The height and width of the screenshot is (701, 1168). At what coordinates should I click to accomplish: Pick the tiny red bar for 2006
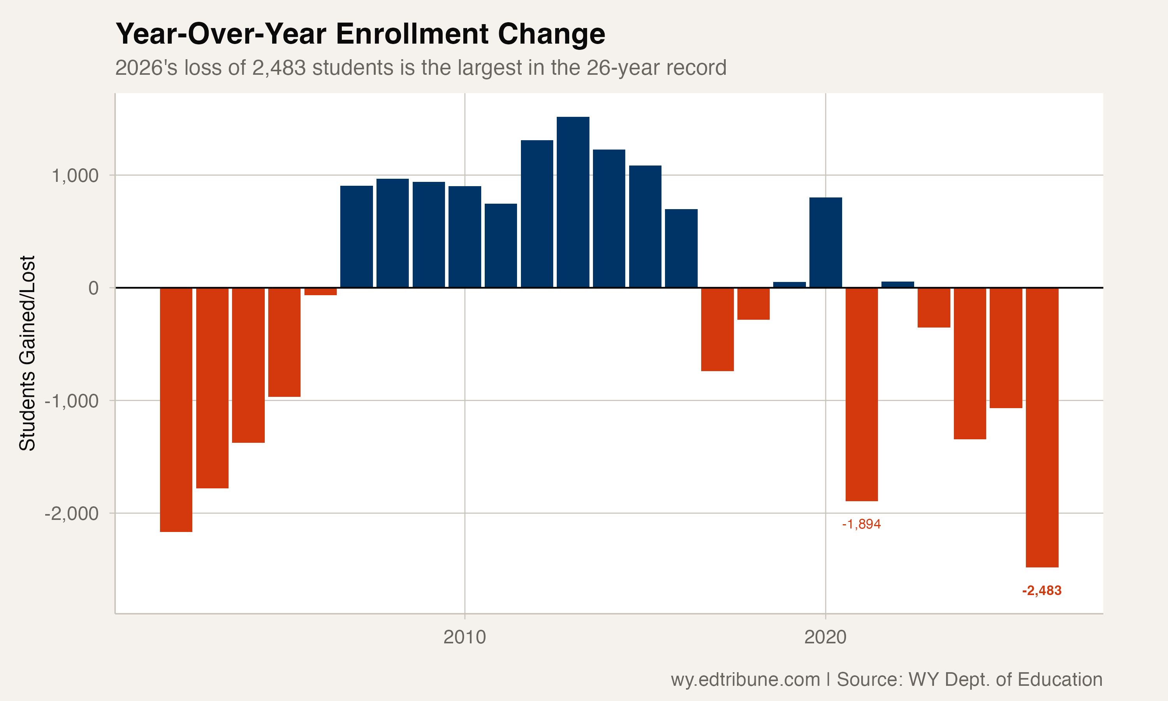click(x=320, y=291)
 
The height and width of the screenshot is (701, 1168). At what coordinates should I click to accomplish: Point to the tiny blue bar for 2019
click(x=789, y=284)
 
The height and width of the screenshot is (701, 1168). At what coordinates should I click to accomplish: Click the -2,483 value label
click(x=1041, y=590)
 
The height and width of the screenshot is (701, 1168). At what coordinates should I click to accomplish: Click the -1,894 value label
click(x=862, y=524)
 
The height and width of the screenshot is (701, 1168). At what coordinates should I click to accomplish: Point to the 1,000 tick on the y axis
click(x=75, y=176)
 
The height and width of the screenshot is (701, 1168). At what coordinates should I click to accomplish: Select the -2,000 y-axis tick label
click(x=71, y=513)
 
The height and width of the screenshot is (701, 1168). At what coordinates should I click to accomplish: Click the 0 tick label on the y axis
click(x=93, y=288)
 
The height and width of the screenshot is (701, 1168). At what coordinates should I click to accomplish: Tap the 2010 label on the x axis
click(x=464, y=637)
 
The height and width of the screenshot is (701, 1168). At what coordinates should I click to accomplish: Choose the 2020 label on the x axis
click(x=825, y=637)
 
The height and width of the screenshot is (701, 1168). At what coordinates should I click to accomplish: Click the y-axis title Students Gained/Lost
click(x=27, y=353)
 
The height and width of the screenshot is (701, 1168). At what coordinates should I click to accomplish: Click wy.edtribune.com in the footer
click(x=745, y=679)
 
